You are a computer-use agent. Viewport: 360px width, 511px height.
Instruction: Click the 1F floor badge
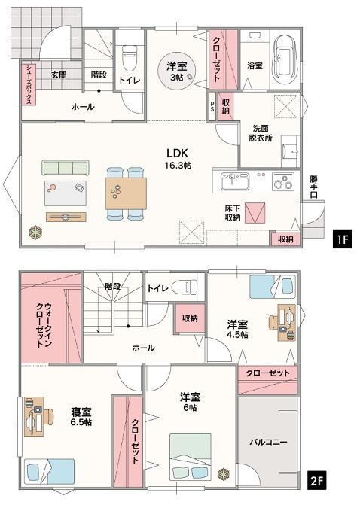pyautogui.click(x=343, y=239)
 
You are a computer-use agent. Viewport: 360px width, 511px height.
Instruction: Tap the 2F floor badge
pyautogui.click(x=316, y=481)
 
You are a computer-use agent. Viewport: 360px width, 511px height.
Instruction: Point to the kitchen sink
pyautogui.click(x=235, y=181)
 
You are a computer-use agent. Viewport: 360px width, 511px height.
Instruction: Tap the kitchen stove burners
pyautogui.click(x=282, y=182)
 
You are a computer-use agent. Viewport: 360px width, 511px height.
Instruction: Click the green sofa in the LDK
pyautogui.click(x=66, y=168)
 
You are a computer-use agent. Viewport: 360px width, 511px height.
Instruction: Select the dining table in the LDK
pyautogui.click(x=126, y=193)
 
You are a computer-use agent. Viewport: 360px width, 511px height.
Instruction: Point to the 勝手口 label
pyautogui.click(x=313, y=187)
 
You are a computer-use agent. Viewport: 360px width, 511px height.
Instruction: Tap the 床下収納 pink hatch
pyautogui.click(x=255, y=213)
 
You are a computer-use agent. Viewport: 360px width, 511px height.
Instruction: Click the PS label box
pyautogui.click(x=212, y=107)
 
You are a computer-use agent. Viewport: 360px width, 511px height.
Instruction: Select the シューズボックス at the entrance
pyautogui.click(x=29, y=84)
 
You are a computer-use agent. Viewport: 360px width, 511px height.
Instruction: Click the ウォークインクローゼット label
pyautogui.click(x=44, y=325)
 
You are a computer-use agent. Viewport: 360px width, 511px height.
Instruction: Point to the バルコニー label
pyautogui.click(x=269, y=443)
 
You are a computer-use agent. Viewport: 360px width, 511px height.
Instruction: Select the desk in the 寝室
pyautogui.click(x=34, y=416)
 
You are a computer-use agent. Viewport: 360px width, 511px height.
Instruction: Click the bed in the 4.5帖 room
pyautogui.click(x=273, y=287)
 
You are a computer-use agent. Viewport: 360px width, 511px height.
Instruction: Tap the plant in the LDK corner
pyautogui.click(x=35, y=233)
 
